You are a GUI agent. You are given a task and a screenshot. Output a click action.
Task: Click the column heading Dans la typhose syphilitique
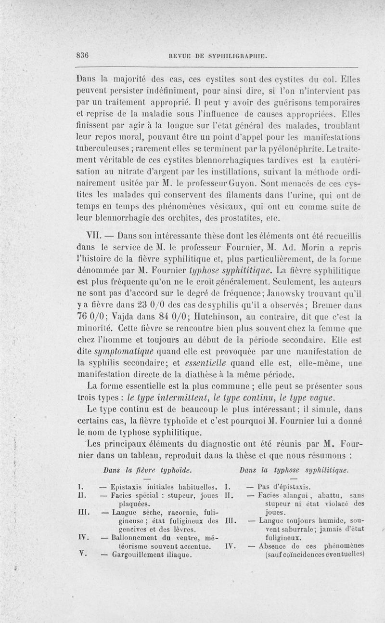(x=294, y=469)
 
